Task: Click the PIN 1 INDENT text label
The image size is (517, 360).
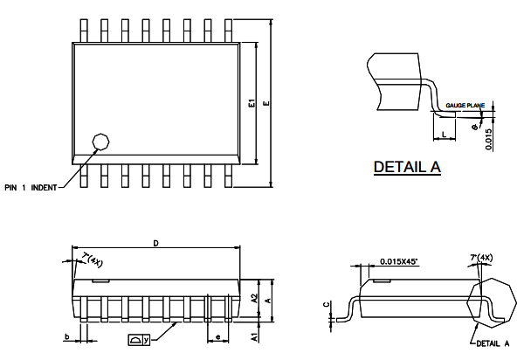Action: coord(31,187)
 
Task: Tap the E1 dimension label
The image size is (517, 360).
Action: coord(252,103)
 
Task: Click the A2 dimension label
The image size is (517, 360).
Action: coord(254,298)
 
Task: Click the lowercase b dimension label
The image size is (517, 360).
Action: coord(67,336)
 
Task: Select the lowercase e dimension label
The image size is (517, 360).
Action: coord(217,336)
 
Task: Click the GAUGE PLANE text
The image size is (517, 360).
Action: coord(465,105)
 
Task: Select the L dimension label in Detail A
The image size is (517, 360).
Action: coord(445,134)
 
